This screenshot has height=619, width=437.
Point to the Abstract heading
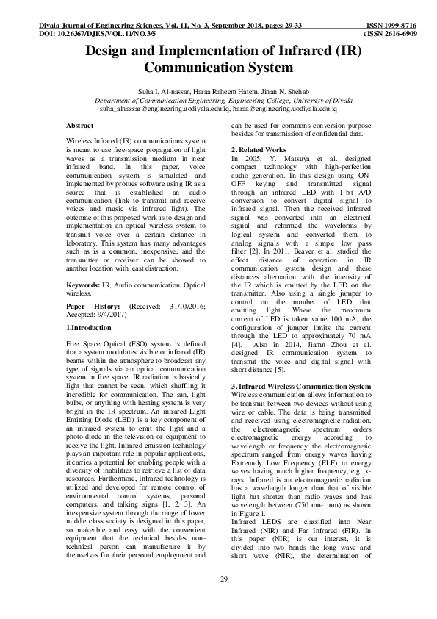[79, 126]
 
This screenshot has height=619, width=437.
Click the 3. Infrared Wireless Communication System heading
[300, 385]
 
